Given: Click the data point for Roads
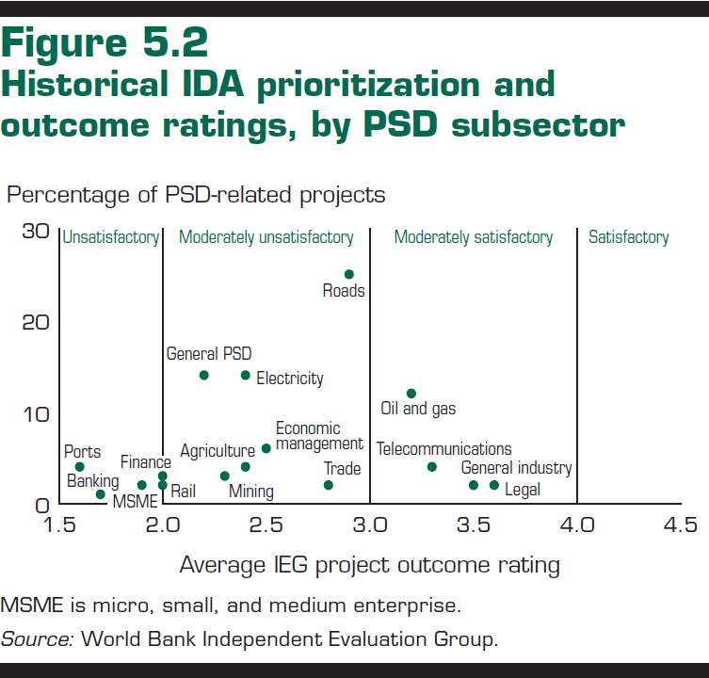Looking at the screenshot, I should [x=348, y=274].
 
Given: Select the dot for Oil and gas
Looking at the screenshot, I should [x=411, y=394].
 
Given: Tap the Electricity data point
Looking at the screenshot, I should [x=246, y=375].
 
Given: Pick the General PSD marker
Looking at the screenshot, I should [x=204, y=375].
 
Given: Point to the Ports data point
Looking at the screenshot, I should [x=80, y=467].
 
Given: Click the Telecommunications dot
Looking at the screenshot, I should [x=432, y=466].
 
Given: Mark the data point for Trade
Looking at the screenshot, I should [x=329, y=485].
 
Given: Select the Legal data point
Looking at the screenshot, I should [x=494, y=485].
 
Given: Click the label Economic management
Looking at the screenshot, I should [x=318, y=436].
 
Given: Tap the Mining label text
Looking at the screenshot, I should [x=251, y=491].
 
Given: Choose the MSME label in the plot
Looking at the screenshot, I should [x=135, y=501].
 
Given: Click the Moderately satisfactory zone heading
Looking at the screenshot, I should [x=473, y=237].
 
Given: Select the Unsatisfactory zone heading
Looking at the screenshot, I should [x=110, y=237].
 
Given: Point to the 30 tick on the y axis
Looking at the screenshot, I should [x=35, y=231].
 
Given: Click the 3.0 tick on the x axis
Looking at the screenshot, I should [x=370, y=525].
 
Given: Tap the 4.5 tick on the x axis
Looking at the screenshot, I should [x=680, y=525].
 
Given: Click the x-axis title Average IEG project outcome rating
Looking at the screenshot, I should [x=369, y=565].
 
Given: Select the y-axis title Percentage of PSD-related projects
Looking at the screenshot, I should [x=196, y=195].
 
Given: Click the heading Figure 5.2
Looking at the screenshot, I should [x=105, y=44].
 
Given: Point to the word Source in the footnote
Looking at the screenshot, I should [x=36, y=638].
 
